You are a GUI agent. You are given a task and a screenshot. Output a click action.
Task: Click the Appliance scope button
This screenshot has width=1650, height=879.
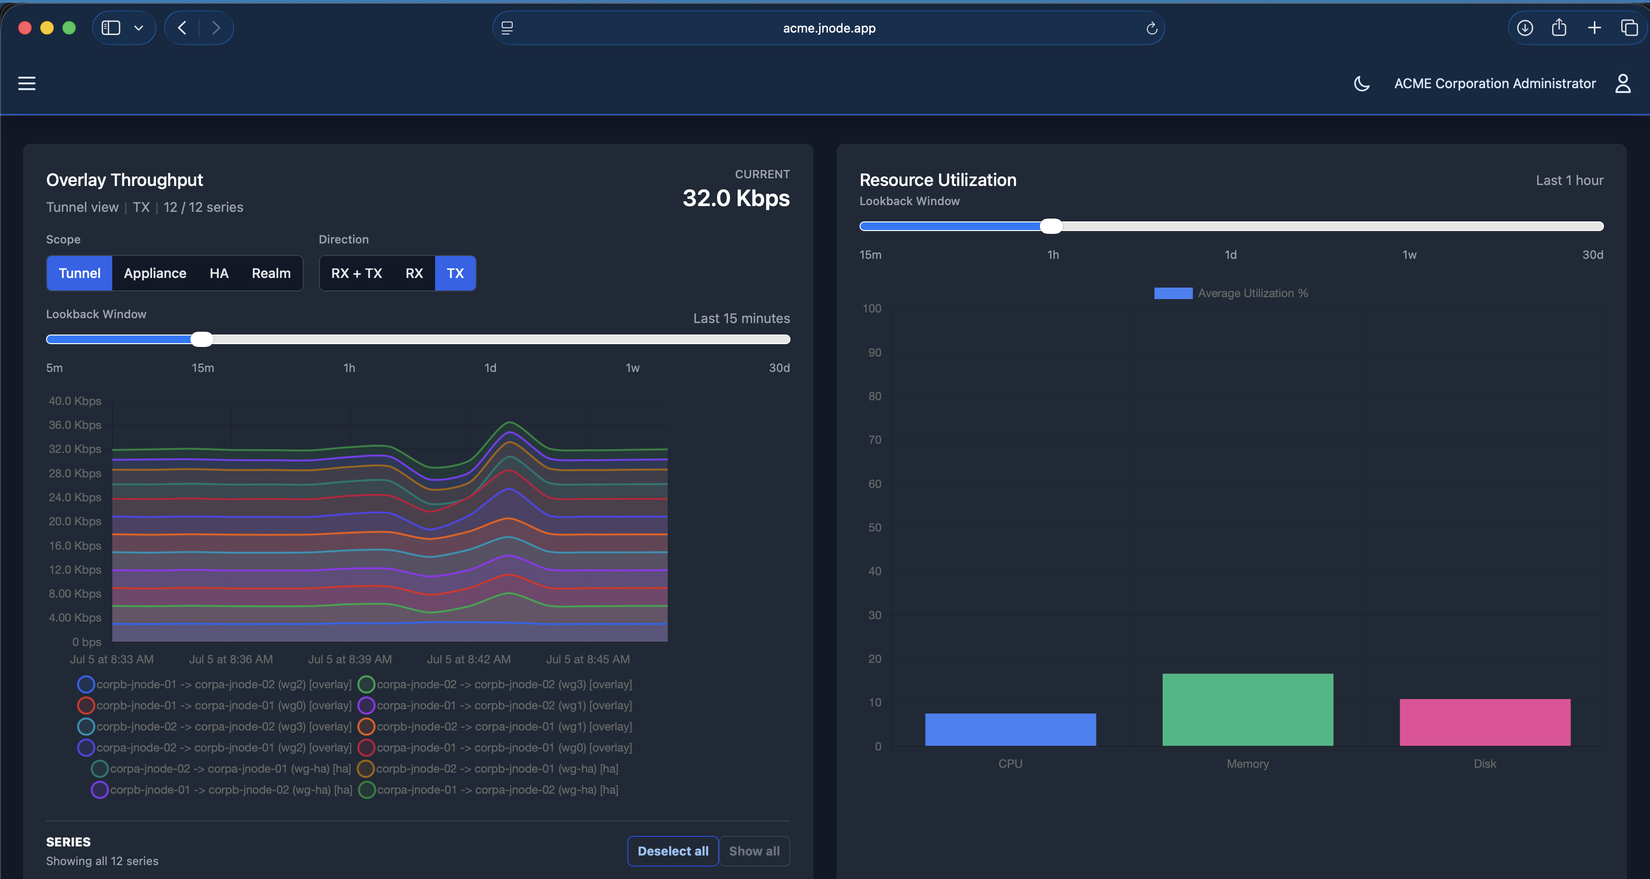[155, 273]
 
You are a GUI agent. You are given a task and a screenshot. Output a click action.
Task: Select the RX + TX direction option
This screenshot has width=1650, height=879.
[356, 273]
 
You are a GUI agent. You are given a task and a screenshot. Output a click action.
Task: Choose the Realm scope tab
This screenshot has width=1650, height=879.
[271, 273]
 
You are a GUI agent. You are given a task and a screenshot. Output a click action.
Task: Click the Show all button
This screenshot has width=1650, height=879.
[754, 851]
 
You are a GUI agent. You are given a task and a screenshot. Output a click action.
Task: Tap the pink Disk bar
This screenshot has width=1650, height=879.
[1485, 722]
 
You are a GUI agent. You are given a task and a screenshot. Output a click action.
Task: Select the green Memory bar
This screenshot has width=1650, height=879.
[1248, 709]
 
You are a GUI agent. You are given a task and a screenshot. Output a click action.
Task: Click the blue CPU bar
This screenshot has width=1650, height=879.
[1010, 729]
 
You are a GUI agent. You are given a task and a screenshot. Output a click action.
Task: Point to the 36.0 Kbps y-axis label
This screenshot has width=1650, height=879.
[75, 425]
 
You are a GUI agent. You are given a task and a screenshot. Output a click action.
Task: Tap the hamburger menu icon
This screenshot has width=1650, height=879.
[27, 83]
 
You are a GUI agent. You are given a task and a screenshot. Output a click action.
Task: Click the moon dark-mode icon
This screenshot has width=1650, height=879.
[1362, 83]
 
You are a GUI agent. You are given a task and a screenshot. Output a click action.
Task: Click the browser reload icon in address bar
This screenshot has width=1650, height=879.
[1151, 28]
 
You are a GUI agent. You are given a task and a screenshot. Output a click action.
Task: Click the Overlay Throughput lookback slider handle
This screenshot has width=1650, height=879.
[202, 339]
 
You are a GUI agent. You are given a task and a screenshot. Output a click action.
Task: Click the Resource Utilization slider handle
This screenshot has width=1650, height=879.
[1050, 226]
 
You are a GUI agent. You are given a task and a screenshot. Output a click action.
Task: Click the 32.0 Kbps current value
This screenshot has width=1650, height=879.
[736, 198]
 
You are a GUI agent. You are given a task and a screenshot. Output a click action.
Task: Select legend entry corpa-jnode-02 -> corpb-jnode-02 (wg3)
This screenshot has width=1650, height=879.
[495, 684]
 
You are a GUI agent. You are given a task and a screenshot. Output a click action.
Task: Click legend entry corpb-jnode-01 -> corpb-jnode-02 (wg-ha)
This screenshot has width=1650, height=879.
[222, 790]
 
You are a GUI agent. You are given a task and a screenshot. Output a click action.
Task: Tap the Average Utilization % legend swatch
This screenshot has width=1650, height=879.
[1173, 293]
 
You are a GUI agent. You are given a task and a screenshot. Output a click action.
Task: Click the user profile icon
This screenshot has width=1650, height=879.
[1623, 83]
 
